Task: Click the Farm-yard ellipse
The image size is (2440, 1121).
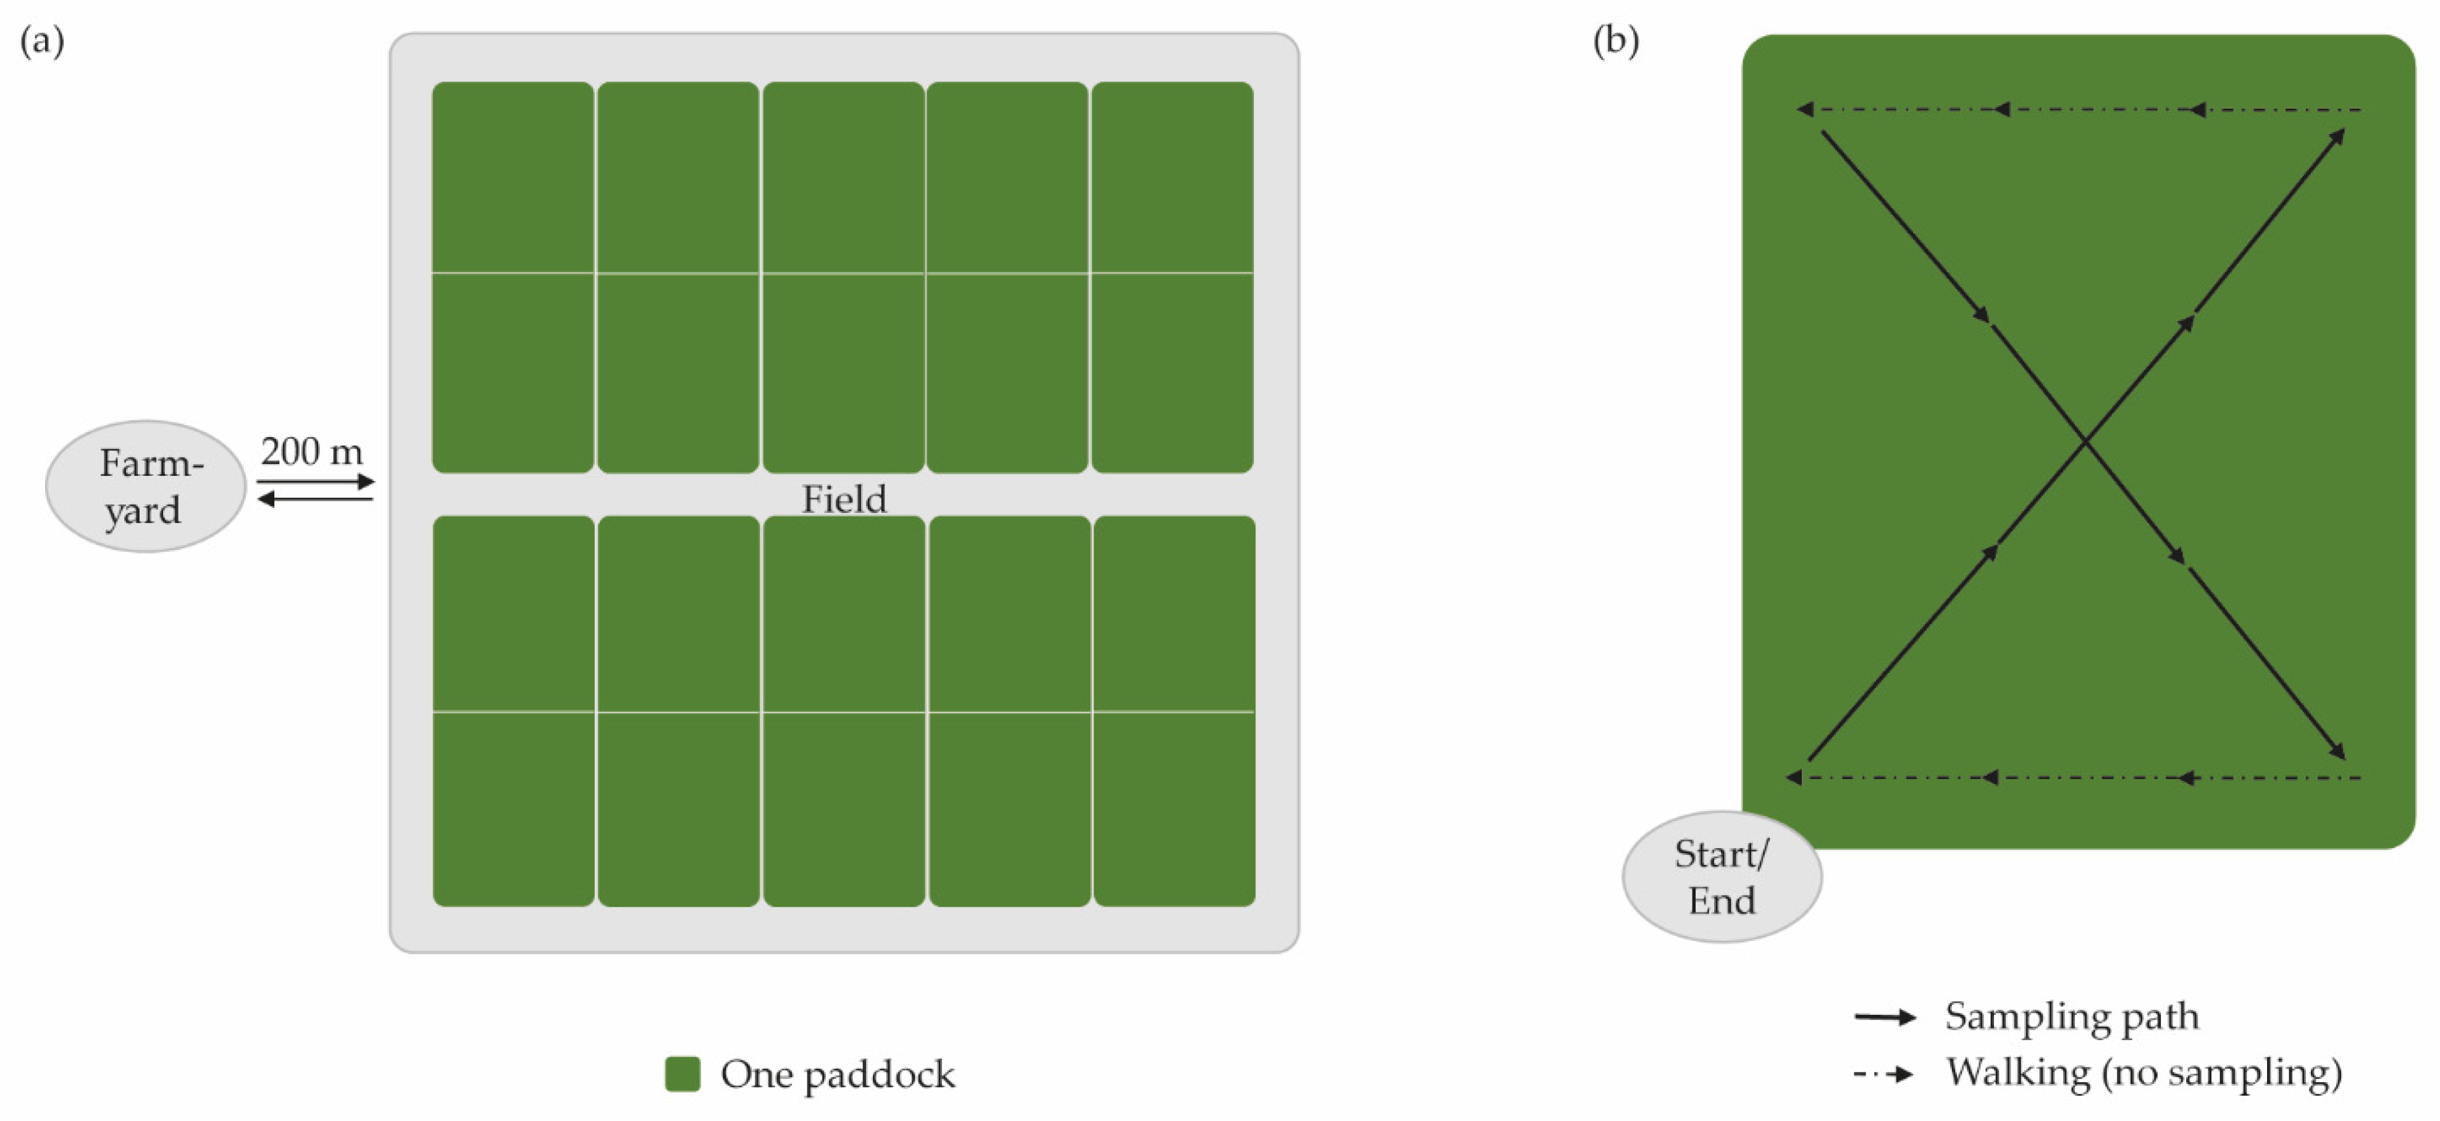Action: [146, 486]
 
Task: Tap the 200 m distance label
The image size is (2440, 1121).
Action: [311, 452]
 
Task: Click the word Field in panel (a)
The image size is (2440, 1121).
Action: [844, 499]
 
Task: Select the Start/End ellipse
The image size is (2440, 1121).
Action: [1721, 876]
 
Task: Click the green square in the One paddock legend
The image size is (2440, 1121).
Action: [682, 1073]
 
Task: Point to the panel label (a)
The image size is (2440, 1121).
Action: [41, 41]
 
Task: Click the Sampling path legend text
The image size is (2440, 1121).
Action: [2072, 1016]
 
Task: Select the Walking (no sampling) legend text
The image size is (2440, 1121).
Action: [2143, 1073]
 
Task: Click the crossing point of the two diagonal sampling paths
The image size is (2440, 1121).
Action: [2085, 441]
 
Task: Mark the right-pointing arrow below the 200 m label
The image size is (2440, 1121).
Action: [316, 482]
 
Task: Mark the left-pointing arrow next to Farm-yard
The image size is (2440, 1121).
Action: [316, 499]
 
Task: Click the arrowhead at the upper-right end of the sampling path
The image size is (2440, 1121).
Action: [2337, 137]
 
